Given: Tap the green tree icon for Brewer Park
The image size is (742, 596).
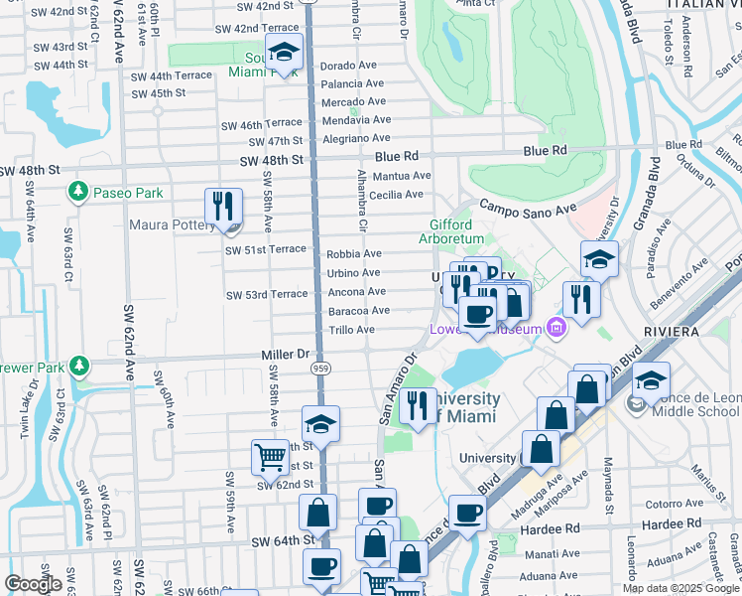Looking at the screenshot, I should (x=79, y=368).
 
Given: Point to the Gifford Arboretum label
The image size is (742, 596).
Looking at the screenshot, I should (x=456, y=232).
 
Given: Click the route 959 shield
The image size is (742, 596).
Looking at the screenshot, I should (x=320, y=369).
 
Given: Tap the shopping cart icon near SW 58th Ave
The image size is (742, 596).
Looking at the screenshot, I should (x=269, y=457).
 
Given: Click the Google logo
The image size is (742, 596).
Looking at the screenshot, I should (x=33, y=584).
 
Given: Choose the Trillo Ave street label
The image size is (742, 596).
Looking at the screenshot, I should (x=351, y=330).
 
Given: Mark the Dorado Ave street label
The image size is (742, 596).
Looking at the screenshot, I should (x=349, y=66).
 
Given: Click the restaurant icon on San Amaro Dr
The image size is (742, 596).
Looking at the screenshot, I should (x=418, y=405).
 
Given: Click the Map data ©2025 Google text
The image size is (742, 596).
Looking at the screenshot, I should (x=680, y=588).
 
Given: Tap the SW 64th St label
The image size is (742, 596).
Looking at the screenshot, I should (x=283, y=541).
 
